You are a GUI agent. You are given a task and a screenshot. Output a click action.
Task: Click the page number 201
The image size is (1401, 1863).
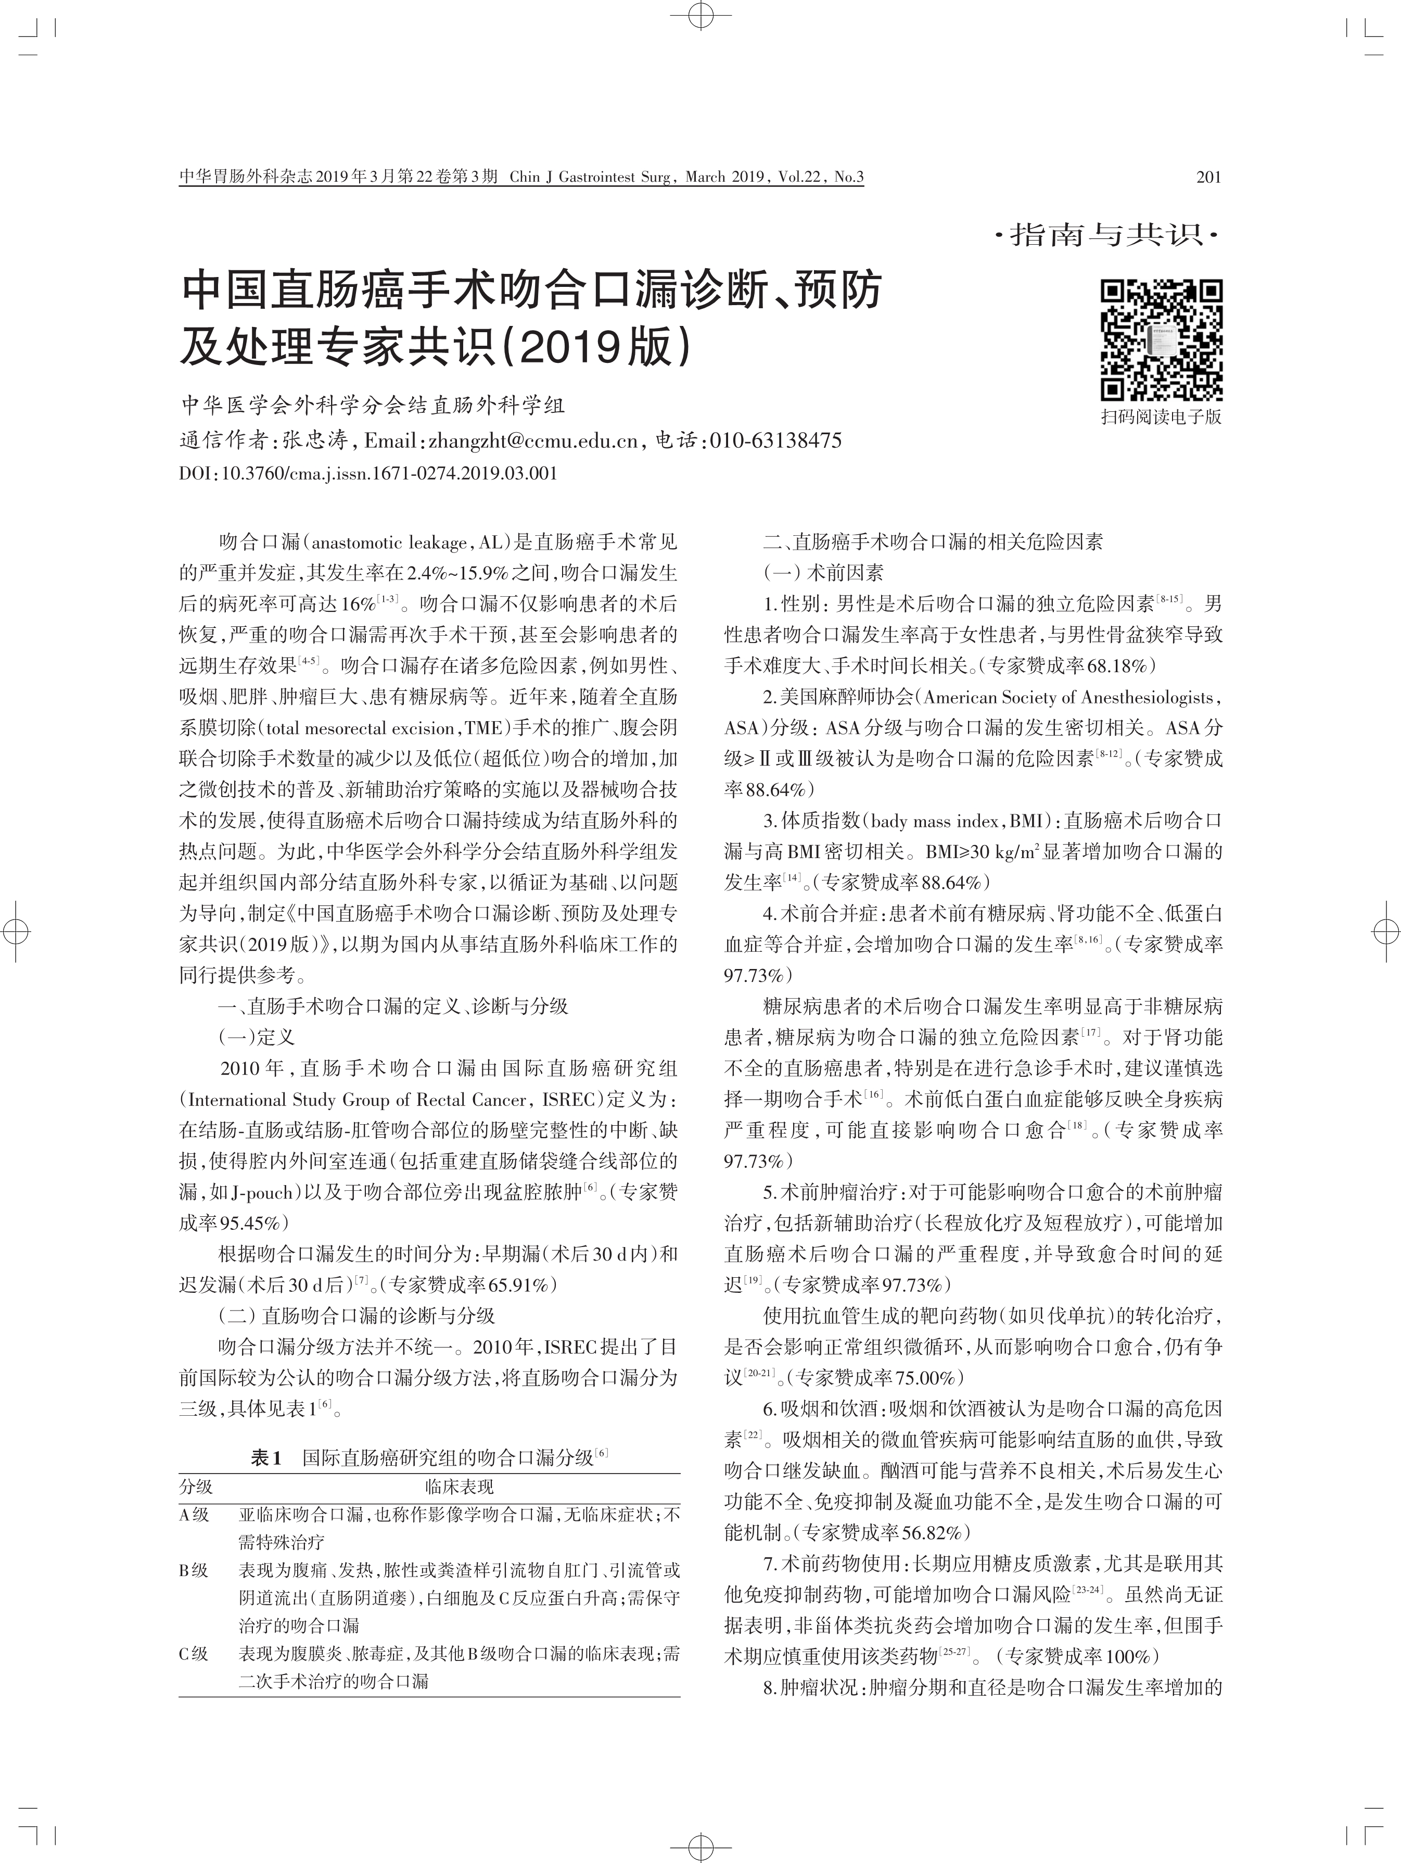tap(1207, 177)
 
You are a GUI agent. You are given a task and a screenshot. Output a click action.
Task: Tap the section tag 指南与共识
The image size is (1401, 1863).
tap(1107, 234)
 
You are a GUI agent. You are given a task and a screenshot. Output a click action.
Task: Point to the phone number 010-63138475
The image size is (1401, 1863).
tap(775, 440)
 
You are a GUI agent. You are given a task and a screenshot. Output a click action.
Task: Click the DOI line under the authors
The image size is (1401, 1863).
tap(368, 473)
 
